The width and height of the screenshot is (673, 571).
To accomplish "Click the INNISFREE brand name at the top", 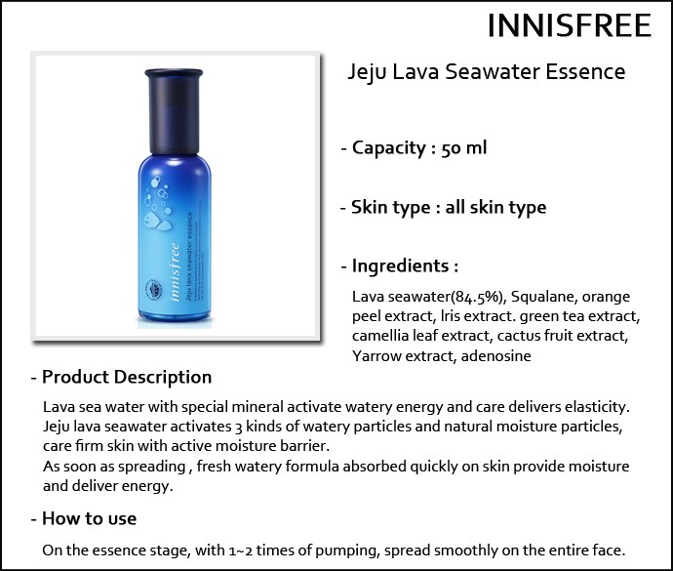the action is click(x=570, y=25).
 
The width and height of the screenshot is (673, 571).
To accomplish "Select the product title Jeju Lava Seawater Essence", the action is click(x=487, y=72).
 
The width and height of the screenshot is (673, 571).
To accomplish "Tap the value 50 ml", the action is click(x=464, y=148).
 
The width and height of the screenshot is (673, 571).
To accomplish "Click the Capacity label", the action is click(x=388, y=148).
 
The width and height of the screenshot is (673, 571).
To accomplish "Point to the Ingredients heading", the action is click(x=400, y=266).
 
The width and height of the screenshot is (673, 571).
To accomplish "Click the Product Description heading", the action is click(x=127, y=377).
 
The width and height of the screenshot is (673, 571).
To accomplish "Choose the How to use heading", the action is click(x=90, y=518).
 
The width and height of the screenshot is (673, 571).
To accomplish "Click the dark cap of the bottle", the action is click(x=174, y=111).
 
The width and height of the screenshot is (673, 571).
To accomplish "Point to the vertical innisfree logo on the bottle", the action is click(x=175, y=272).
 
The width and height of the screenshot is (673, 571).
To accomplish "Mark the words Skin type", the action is click(x=390, y=208).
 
